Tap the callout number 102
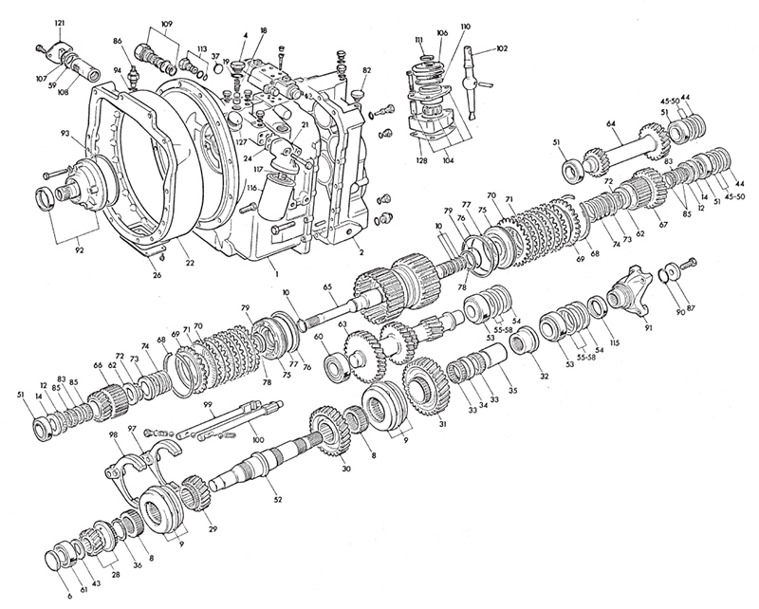click(x=502, y=48)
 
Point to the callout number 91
click(x=648, y=327)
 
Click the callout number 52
click(x=277, y=500)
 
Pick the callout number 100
click(x=258, y=439)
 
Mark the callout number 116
click(x=251, y=187)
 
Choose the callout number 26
click(x=157, y=275)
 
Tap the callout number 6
click(x=70, y=597)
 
